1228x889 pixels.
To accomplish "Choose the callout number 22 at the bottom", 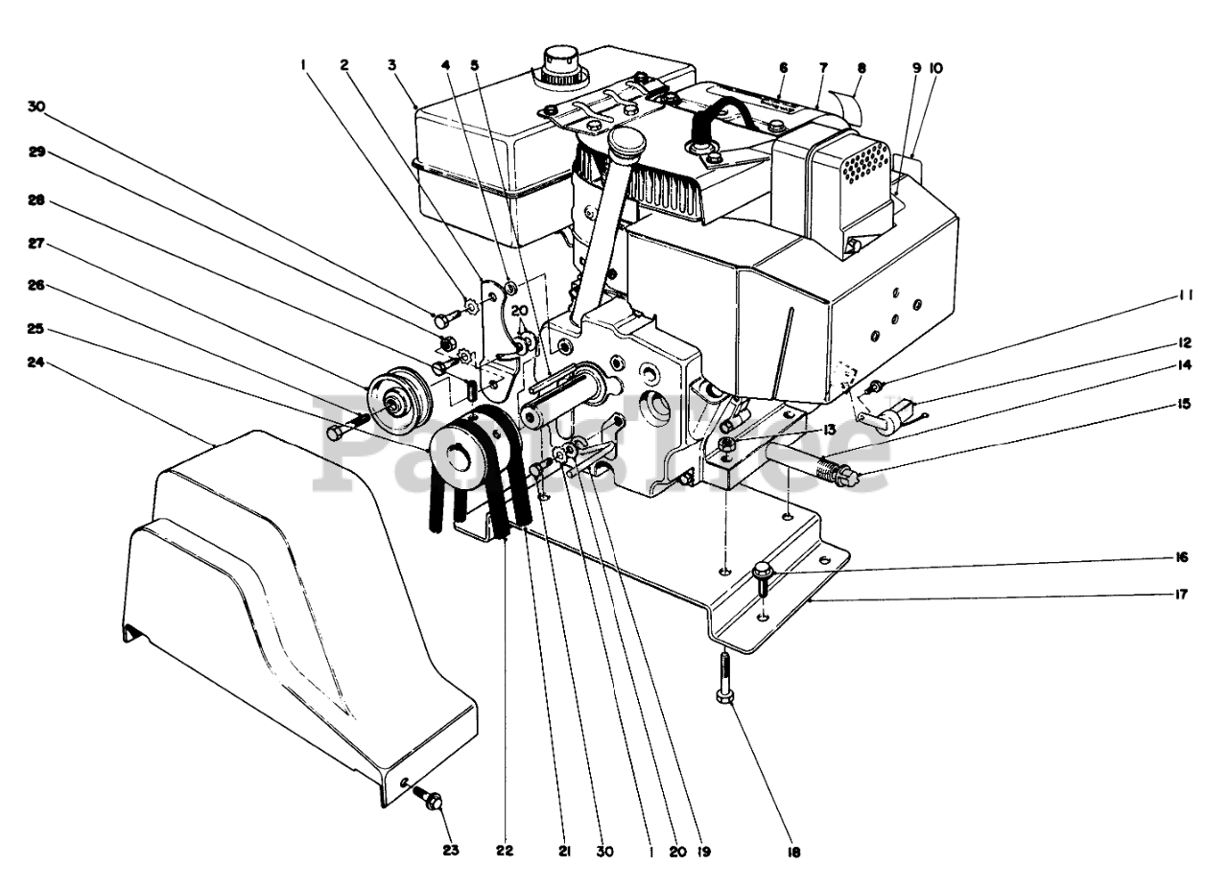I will tap(506, 850).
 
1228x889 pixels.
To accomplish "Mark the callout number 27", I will tap(35, 245).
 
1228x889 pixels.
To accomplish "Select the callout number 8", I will tap(861, 68).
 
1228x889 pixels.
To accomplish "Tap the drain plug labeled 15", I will tap(844, 476).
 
